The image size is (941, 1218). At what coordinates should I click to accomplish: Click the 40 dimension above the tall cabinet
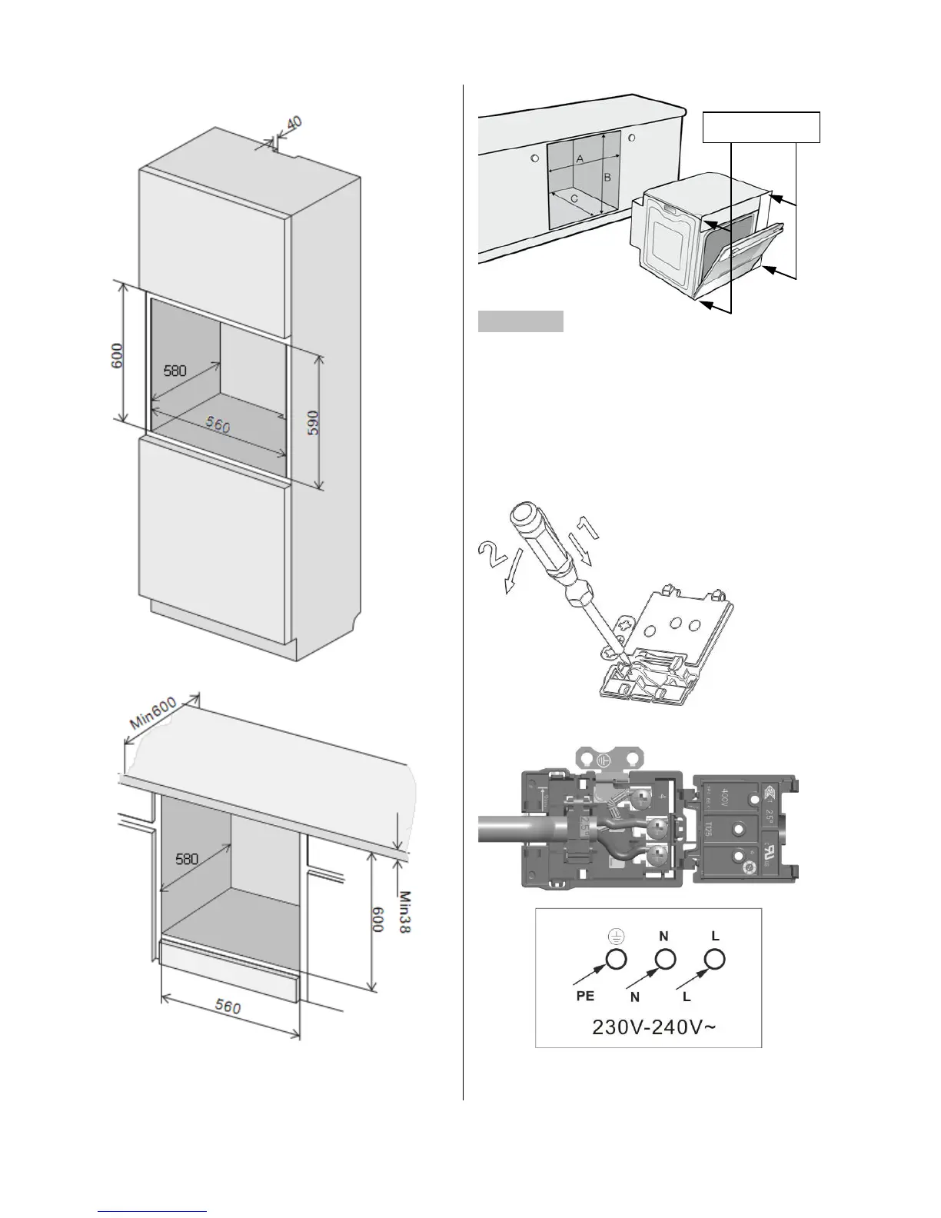(x=294, y=123)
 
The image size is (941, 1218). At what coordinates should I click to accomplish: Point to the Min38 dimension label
(x=405, y=912)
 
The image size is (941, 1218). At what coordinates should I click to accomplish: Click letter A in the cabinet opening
(x=580, y=158)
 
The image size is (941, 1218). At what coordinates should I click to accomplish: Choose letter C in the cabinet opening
(x=574, y=198)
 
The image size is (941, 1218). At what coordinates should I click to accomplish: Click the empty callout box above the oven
(x=762, y=127)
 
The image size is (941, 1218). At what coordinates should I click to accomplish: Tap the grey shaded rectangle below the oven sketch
(x=520, y=321)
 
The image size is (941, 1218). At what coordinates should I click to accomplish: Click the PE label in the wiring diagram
(x=585, y=996)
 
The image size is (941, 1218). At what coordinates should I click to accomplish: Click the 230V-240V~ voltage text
(x=655, y=1028)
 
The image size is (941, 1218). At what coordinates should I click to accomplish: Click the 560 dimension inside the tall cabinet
(x=218, y=424)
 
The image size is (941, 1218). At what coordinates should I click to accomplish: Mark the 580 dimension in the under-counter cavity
(x=187, y=859)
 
